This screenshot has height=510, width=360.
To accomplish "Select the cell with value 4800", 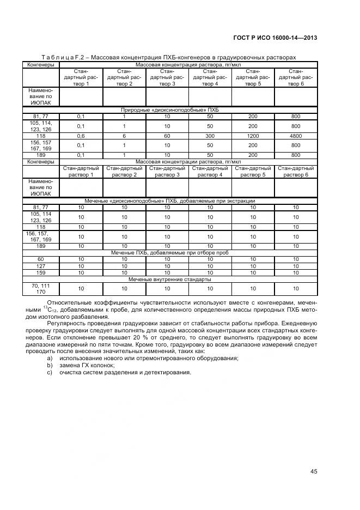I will pos(296,136).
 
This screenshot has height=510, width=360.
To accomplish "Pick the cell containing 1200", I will pos(253,136).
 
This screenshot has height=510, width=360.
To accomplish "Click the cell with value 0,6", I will pos(81,136).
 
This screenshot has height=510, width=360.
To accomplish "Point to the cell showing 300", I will pos(210,136).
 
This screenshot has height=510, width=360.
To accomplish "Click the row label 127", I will pos(40,266).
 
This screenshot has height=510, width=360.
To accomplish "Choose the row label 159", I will pos(40,272).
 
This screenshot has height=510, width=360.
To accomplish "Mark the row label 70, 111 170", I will pos(40,288).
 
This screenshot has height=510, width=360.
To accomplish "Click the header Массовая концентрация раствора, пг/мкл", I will pos(188,64).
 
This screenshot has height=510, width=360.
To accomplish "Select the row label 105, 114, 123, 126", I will pos(40,125).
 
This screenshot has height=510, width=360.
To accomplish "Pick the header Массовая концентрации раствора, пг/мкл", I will pos(188,162).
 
